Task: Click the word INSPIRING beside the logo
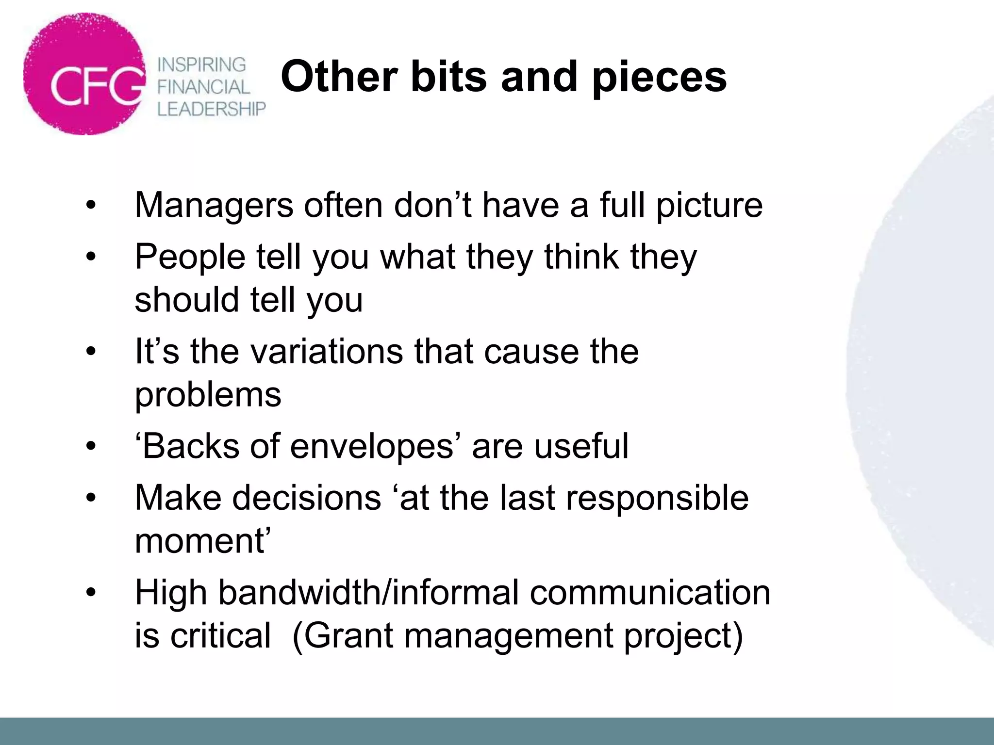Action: coord(202,65)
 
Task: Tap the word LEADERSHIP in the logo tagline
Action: coord(212,109)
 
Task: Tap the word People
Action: coord(190,257)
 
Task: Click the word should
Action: coord(187,299)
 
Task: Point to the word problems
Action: coord(208,395)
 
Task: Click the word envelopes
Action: coord(371,446)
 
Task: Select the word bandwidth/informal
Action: coord(368,593)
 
